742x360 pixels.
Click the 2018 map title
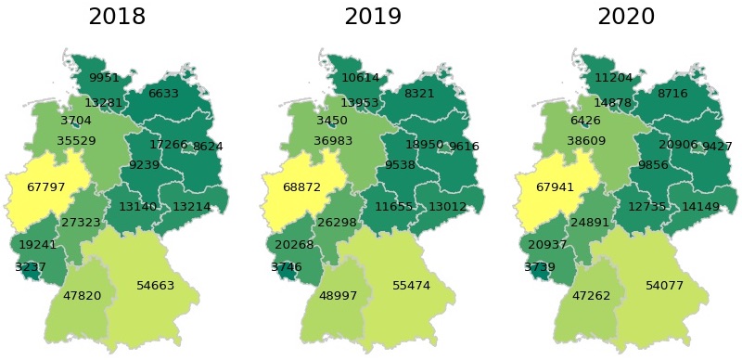(x=117, y=17)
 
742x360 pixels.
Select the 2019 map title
(x=372, y=17)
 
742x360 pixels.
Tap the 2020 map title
(x=626, y=17)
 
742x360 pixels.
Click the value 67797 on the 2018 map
(x=46, y=187)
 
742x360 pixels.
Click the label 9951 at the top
(x=105, y=78)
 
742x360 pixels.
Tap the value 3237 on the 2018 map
(x=30, y=267)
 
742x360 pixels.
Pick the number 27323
(x=81, y=223)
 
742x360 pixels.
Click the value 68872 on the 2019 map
(x=301, y=187)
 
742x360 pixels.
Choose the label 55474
(x=411, y=285)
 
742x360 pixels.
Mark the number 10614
(x=361, y=78)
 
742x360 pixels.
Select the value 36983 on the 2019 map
(x=333, y=141)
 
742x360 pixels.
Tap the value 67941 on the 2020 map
(x=556, y=187)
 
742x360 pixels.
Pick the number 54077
(x=665, y=285)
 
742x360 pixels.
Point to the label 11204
(x=614, y=78)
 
